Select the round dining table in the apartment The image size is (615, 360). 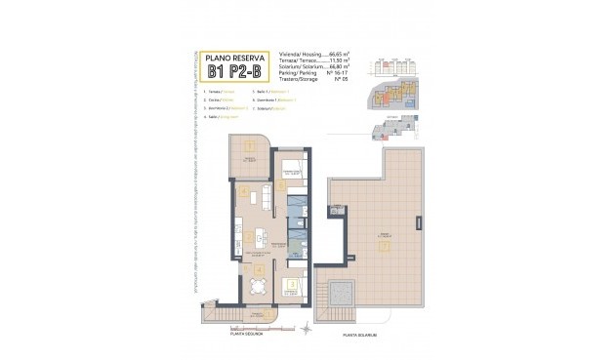(257, 286)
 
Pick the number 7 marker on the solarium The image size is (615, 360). (384, 245)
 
